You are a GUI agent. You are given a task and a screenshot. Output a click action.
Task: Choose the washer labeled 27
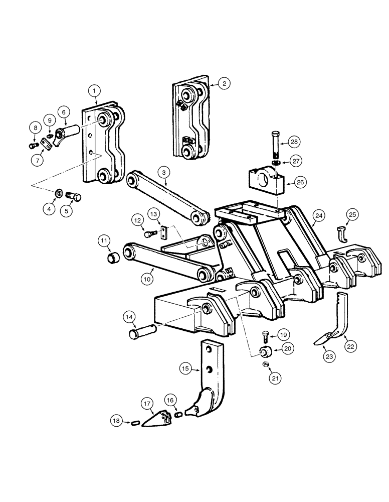click(x=276, y=164)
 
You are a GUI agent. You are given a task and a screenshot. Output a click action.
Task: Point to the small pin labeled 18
click(x=134, y=424)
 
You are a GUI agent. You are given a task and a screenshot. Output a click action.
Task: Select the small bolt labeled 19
click(x=265, y=337)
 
